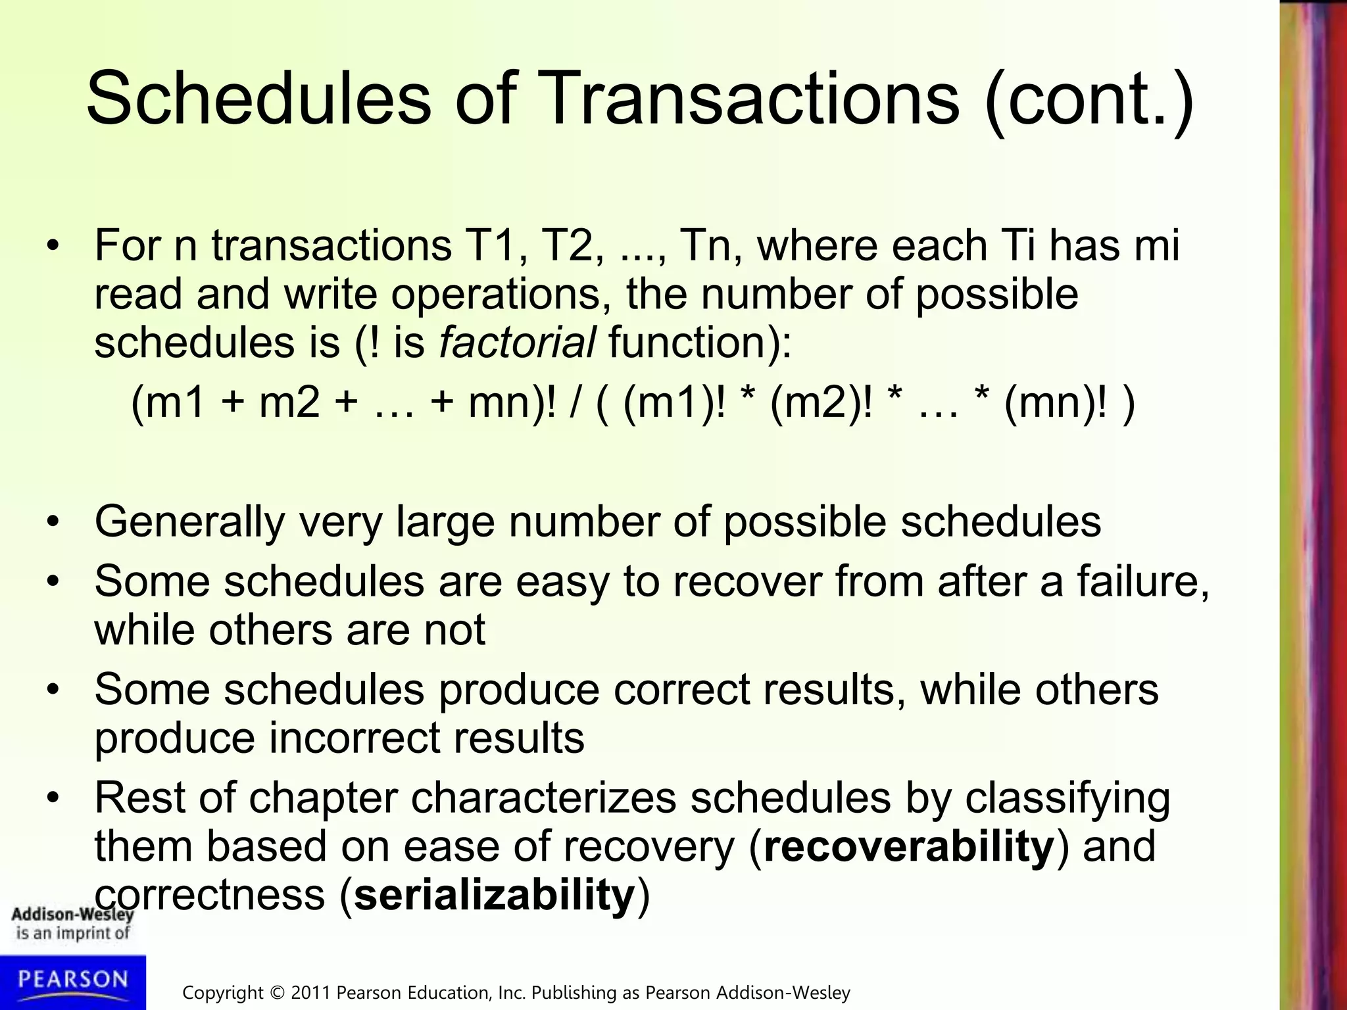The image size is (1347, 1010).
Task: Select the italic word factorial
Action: pos(518,343)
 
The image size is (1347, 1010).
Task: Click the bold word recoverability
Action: pos(909,846)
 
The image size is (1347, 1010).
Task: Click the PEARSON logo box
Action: pos(72,982)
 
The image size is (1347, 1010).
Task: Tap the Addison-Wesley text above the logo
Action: pos(72,914)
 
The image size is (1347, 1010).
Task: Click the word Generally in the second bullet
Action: pos(189,523)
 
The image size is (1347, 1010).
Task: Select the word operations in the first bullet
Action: pos(496,294)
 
